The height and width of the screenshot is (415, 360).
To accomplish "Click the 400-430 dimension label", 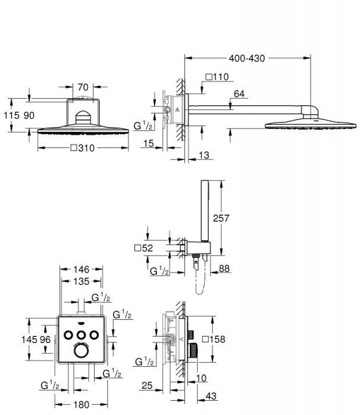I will [x=247, y=58].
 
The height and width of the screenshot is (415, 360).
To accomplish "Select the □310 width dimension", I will [x=82, y=148].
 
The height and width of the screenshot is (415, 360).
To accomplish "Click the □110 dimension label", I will [x=217, y=76].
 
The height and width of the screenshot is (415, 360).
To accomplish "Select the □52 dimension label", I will [x=144, y=248].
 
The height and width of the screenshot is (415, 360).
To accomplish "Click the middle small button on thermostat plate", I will [x=80, y=334].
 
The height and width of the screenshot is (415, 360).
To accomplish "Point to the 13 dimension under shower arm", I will [x=203, y=155].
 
